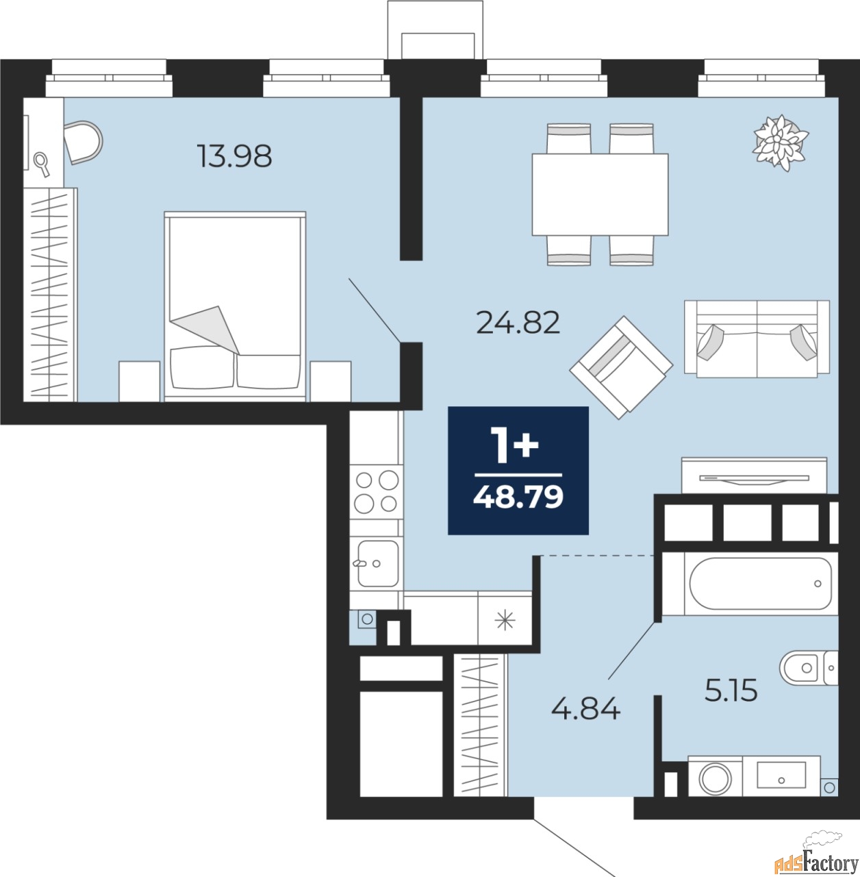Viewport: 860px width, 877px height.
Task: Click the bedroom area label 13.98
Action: coord(234,156)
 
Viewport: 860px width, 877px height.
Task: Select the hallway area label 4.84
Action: coord(585,708)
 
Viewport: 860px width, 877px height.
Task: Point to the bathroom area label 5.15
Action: coord(731,689)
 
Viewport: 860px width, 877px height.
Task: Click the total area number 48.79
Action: coord(518,497)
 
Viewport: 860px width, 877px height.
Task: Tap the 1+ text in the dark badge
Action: coord(514,445)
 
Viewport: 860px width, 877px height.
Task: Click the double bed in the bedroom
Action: coord(235,306)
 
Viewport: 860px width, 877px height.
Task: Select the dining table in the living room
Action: coord(600,195)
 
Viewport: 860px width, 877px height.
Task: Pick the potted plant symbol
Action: coord(781,143)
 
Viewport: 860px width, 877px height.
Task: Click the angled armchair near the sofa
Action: coord(621,367)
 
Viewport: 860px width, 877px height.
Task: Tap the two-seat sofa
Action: coord(757,338)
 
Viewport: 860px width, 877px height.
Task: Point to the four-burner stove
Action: coord(377,491)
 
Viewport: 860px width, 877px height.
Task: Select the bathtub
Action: coord(750,583)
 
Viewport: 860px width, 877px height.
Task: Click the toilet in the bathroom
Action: coord(809,667)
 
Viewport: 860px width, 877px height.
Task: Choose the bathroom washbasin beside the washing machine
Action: coord(781,776)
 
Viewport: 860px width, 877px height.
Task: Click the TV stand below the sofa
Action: coord(754,475)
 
